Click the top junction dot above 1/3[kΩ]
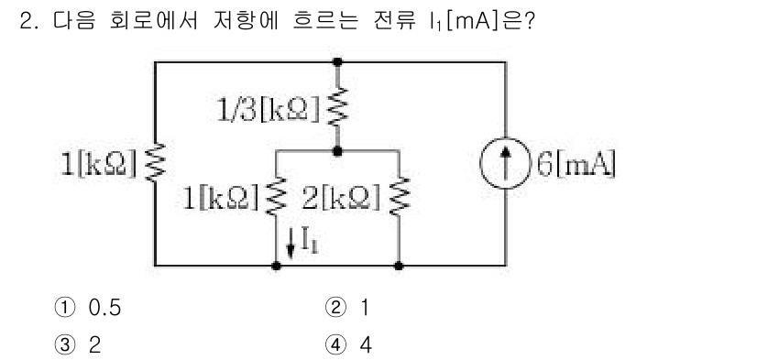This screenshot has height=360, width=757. coord(338,61)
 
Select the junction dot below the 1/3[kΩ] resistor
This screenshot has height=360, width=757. coord(338,149)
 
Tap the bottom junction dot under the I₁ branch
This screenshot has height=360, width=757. coord(277,265)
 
